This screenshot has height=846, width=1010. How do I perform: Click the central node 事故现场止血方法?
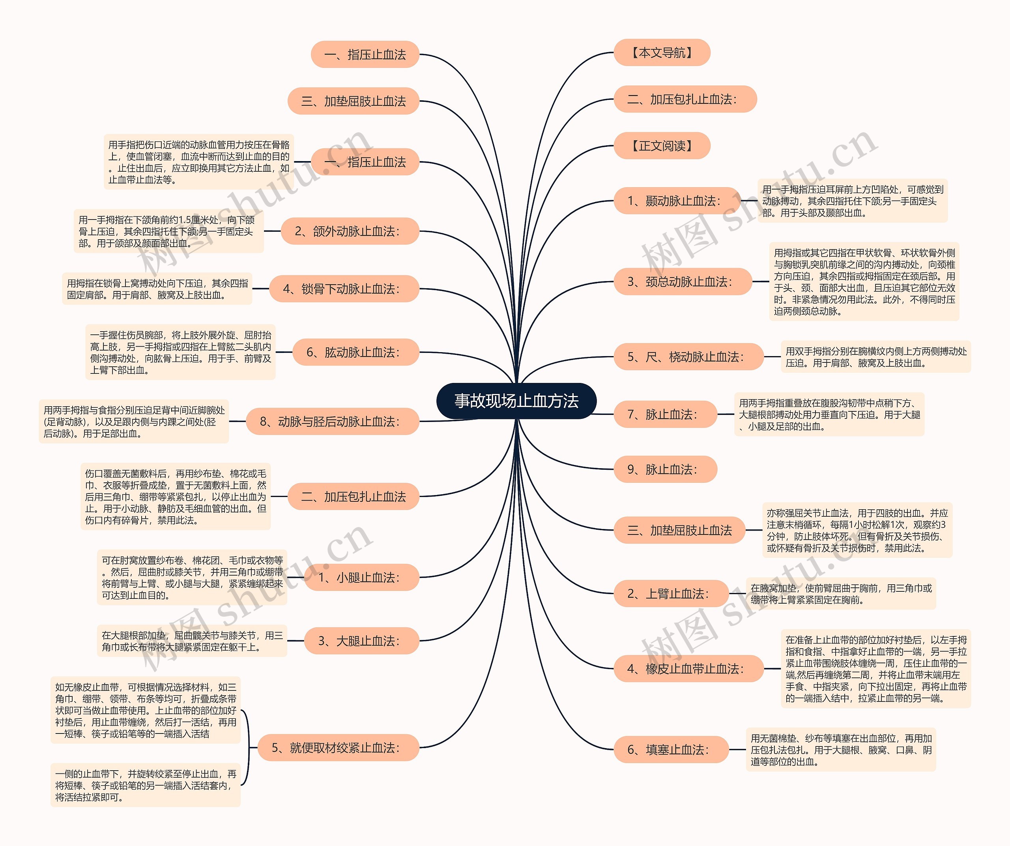pyautogui.click(x=516, y=401)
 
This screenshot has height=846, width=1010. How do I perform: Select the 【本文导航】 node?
pyautogui.click(x=662, y=53)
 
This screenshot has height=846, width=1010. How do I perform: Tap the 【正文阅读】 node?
pyautogui.click(x=662, y=145)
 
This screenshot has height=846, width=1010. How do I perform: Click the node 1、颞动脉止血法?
pyautogui.click(x=676, y=201)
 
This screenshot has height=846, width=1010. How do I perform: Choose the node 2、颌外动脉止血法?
pyautogui.click(x=350, y=231)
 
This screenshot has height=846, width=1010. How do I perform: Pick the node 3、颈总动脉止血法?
pyautogui.click(x=682, y=281)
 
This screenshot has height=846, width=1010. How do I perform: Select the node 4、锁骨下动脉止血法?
pyautogui.click(x=344, y=289)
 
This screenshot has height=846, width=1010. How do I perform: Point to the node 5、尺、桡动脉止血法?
pyautogui.click(x=688, y=356)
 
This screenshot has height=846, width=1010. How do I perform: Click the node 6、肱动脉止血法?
pyautogui.click(x=355, y=352)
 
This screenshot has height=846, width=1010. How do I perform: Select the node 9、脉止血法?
pyautogui.click(x=665, y=469)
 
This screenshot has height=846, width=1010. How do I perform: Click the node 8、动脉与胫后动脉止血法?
pyautogui.click(x=332, y=422)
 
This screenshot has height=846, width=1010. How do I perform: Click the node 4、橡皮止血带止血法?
pyautogui.click(x=688, y=668)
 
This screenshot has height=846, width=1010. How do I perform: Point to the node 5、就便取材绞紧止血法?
pyautogui.click(x=338, y=747)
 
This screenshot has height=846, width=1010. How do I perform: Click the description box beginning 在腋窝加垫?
pyautogui.click(x=841, y=594)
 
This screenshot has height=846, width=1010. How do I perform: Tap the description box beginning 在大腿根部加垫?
pyautogui.click(x=192, y=641)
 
